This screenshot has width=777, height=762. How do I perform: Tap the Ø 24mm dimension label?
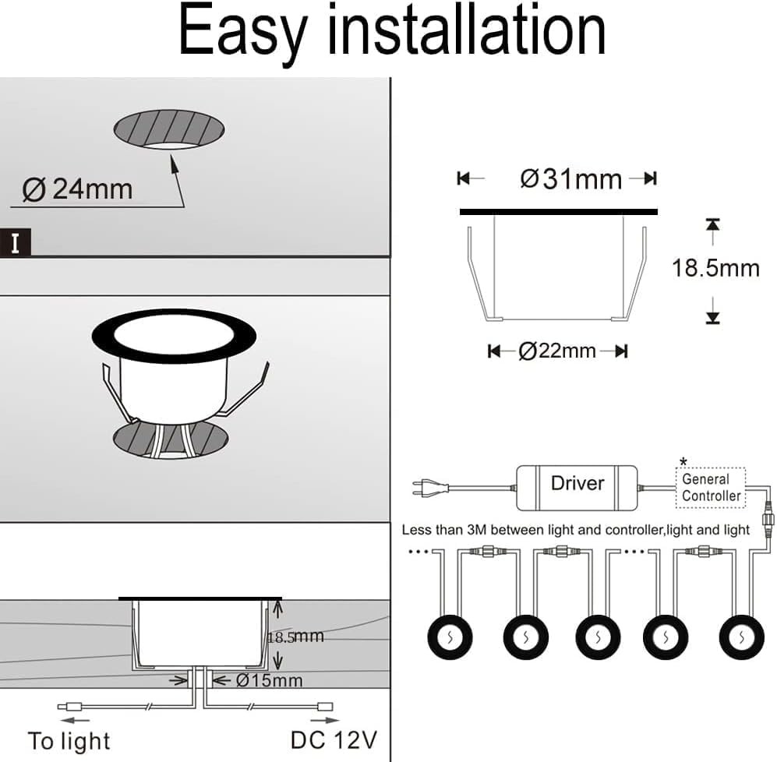click(78, 189)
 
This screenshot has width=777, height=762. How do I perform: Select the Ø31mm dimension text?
click(571, 179)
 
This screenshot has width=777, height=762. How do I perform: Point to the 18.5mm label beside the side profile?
click(715, 268)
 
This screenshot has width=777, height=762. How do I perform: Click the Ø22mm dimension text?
click(557, 351)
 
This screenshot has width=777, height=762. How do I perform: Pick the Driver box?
click(577, 484)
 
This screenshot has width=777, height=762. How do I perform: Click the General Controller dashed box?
click(710, 488)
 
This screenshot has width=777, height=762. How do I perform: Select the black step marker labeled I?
click(16, 243)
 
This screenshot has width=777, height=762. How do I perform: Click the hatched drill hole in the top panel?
click(169, 129)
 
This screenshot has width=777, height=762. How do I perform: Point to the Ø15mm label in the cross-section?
click(267, 681)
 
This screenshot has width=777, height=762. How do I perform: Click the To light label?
click(69, 741)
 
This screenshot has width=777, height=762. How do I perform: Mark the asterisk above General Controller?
click(683, 461)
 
